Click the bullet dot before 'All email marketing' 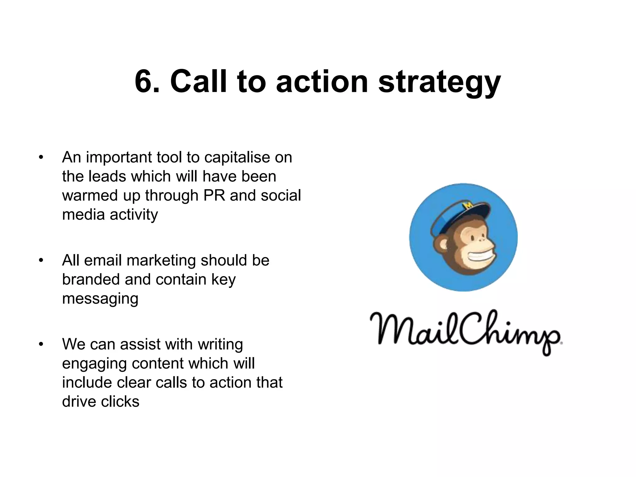41,261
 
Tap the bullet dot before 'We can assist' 41,344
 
